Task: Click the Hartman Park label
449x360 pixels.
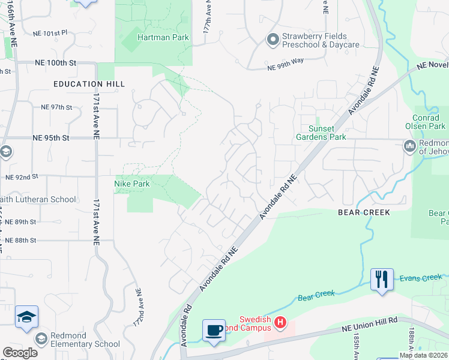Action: pyautogui.click(x=163, y=37)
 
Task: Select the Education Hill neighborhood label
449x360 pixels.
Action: pyautogui.click(x=89, y=84)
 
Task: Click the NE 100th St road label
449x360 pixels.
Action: pyautogui.click(x=56, y=62)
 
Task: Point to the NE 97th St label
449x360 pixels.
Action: pyautogui.click(x=56, y=107)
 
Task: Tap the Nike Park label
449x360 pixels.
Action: pyautogui.click(x=131, y=184)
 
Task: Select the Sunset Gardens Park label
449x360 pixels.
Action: pyautogui.click(x=321, y=133)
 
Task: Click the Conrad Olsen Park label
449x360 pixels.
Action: pyautogui.click(x=429, y=122)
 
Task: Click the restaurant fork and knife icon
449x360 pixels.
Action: pyautogui.click(x=382, y=279)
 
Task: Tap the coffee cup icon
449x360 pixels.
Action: pyautogui.click(x=214, y=330)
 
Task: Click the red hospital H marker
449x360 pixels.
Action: pyautogui.click(x=280, y=323)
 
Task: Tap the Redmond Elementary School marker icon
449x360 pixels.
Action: pyautogui.click(x=41, y=339)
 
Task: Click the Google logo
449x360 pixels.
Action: pyautogui.click(x=20, y=353)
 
